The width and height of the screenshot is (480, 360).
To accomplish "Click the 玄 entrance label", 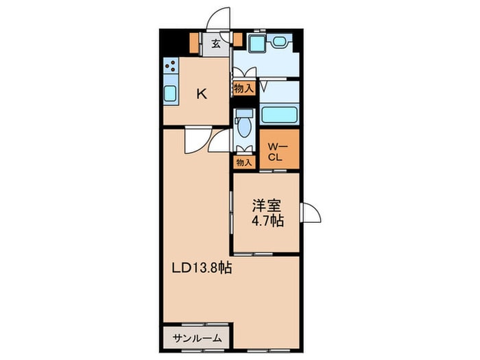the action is (216, 44).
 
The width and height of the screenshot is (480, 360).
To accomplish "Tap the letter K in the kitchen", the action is (202, 94).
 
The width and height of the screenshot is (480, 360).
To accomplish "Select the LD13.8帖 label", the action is (202, 268).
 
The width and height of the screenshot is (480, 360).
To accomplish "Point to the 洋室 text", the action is (266, 206).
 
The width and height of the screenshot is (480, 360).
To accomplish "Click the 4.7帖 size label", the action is (267, 220).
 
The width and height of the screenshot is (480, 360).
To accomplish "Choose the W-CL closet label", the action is (278, 152).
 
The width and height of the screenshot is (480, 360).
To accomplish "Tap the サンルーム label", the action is (197, 338).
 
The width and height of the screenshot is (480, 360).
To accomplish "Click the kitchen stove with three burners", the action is (171, 66).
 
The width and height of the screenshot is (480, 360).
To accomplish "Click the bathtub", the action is (279, 115).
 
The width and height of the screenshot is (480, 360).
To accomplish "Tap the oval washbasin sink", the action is (279, 41).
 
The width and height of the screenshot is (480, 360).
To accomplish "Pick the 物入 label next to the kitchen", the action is (244, 88).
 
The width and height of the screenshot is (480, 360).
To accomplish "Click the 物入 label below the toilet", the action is (244, 163).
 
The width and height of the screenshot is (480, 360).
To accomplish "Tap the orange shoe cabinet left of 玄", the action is (194, 43).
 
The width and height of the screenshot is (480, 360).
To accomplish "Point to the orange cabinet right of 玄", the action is (238, 40).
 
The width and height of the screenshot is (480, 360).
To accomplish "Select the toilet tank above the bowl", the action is (244, 113).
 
